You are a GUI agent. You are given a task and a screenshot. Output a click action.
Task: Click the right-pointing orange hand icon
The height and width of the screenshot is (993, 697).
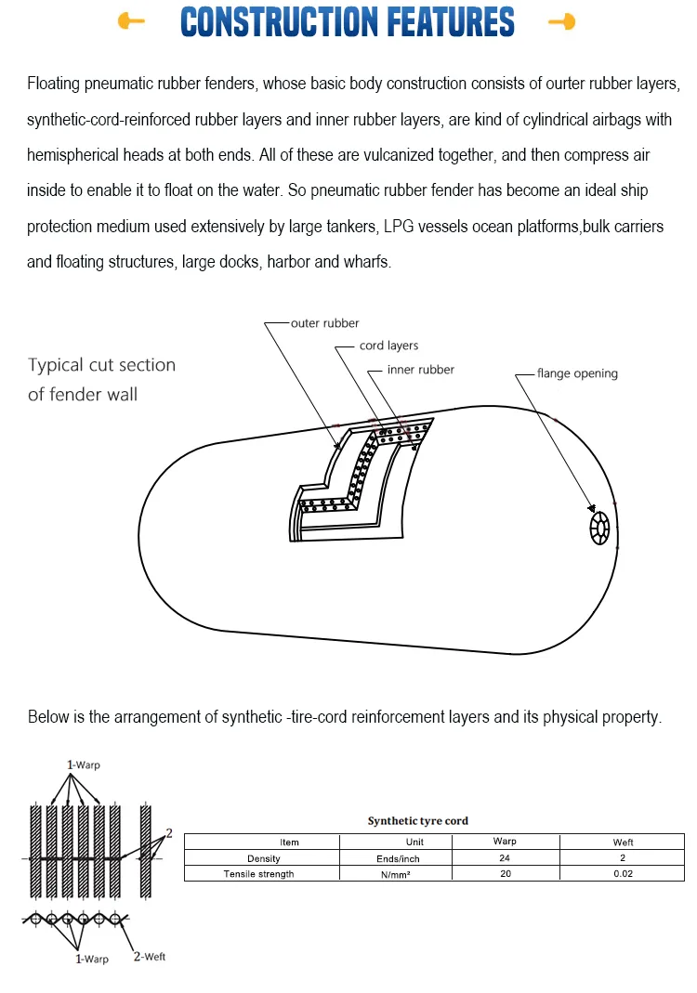tap(561, 21)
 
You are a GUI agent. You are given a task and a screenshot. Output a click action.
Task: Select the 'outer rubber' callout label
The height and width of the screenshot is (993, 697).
tap(324, 323)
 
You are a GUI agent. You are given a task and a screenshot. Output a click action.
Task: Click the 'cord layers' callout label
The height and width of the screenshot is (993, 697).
tap(388, 346)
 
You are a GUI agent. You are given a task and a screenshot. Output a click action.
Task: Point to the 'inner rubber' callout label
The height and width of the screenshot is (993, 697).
tap(420, 370)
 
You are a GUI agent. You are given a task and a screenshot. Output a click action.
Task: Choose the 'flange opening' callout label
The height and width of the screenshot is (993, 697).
tap(576, 373)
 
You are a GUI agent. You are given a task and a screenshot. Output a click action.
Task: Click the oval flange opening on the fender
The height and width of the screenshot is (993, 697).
tap(599, 529)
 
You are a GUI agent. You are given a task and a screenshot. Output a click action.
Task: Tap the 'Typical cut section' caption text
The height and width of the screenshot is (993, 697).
tap(101, 365)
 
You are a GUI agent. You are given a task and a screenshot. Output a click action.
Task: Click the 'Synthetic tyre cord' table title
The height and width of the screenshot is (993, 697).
tap(417, 821)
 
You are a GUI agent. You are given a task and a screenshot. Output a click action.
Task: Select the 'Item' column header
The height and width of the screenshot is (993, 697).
tap(289, 843)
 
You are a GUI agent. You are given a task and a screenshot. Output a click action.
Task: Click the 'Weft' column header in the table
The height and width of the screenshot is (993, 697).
tap(623, 843)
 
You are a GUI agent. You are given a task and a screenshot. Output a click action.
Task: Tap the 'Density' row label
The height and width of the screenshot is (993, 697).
tap(263, 858)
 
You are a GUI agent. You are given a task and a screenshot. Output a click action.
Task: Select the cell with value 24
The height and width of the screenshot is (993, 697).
tap(505, 858)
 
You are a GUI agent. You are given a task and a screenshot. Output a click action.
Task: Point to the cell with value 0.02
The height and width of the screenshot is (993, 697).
tap(623, 874)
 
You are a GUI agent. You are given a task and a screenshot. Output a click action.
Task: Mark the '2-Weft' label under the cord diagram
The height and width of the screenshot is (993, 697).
tap(149, 956)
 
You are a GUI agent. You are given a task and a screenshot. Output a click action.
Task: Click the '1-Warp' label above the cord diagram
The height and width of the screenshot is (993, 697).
tap(83, 764)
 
